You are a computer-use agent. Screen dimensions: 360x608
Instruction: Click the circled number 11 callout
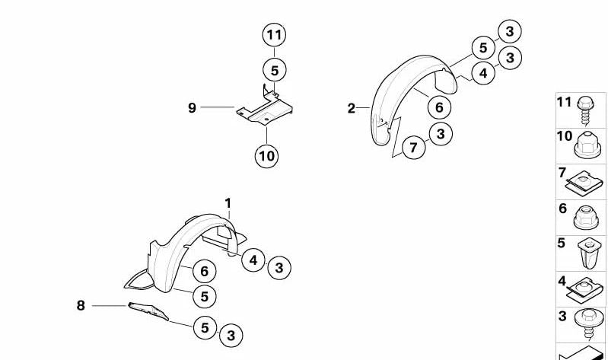(x=274, y=34)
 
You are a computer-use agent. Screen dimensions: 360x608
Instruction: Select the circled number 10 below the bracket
(x=266, y=156)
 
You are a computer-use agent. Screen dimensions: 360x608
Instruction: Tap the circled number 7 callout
(x=413, y=147)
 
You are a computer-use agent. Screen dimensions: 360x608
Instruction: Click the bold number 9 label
(x=193, y=108)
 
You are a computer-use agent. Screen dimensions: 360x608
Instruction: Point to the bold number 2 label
(x=351, y=109)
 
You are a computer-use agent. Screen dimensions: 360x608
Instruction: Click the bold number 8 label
(x=81, y=305)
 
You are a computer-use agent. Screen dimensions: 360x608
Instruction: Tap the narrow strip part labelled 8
(x=149, y=312)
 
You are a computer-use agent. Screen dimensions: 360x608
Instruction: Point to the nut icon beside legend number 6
(x=586, y=217)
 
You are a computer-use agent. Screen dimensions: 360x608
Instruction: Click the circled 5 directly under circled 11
(x=275, y=70)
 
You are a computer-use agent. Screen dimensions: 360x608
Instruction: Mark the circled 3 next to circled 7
(x=440, y=134)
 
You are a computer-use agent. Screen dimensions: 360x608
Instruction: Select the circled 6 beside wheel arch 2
(x=439, y=107)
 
